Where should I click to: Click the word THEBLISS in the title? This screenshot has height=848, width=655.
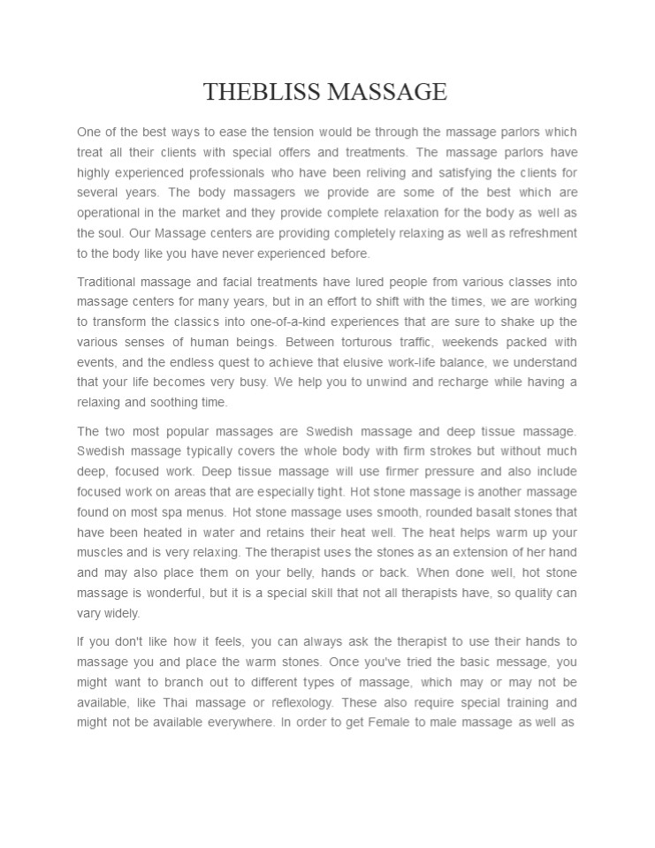click(263, 91)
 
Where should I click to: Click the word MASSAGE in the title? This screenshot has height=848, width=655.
click(388, 91)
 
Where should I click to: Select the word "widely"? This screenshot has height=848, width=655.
click(122, 612)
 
